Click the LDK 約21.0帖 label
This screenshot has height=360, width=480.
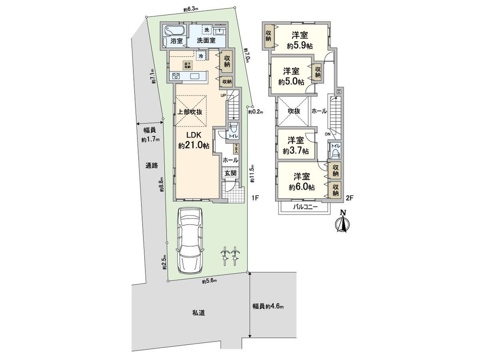tap(194, 140)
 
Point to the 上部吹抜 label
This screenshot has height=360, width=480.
tap(190, 112)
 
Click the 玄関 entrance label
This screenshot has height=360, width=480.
tap(230, 173)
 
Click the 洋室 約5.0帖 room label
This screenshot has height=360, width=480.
tap(291, 76)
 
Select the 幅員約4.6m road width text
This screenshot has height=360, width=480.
tap(268, 306)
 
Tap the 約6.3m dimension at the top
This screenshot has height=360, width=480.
tap(191, 8)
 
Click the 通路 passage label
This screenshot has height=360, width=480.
tap(151, 166)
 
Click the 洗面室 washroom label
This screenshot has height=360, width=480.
tap(206, 40)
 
